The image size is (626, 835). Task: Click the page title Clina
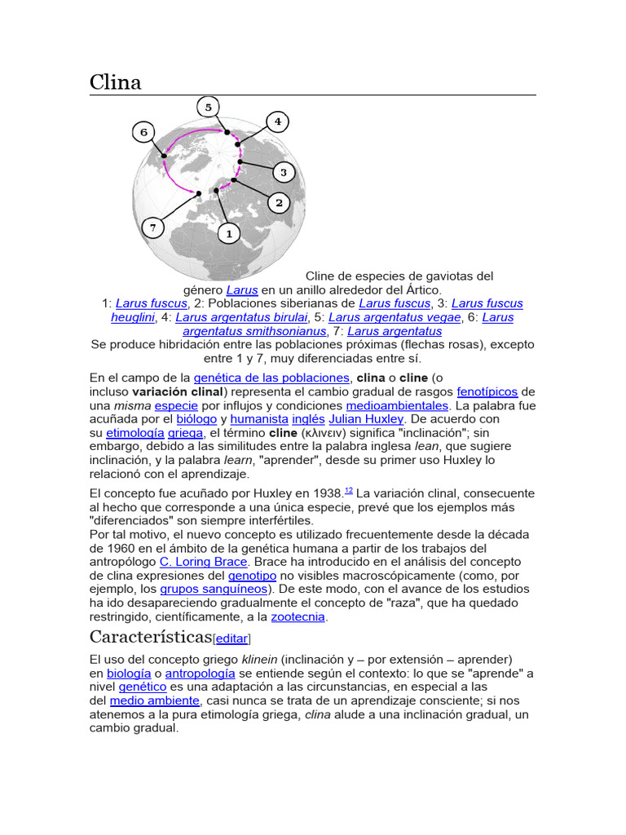pyautogui.click(x=115, y=82)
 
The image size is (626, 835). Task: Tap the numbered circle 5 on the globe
pyautogui.click(x=208, y=107)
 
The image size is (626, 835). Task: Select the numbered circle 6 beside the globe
pyautogui.click(x=143, y=132)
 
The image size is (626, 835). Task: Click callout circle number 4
pyautogui.click(x=277, y=122)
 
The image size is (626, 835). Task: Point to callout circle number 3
pyautogui.click(x=283, y=172)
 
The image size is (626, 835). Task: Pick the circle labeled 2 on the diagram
pyautogui.click(x=279, y=202)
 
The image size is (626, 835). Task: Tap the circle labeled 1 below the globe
pyautogui.click(x=229, y=233)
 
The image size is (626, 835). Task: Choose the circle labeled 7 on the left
pyautogui.click(x=152, y=228)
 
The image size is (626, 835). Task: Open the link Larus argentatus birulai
pyautogui.click(x=241, y=317)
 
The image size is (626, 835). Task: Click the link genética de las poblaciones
pyautogui.click(x=271, y=378)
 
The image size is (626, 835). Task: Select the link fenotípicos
pyautogui.click(x=487, y=391)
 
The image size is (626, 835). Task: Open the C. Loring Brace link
pyautogui.click(x=202, y=561)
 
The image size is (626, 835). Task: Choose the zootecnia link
pyautogui.click(x=298, y=616)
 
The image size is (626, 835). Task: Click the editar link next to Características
pyautogui.click(x=231, y=638)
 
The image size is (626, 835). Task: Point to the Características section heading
pyautogui.click(x=149, y=637)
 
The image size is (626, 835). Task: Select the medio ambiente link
pyautogui.click(x=154, y=700)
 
